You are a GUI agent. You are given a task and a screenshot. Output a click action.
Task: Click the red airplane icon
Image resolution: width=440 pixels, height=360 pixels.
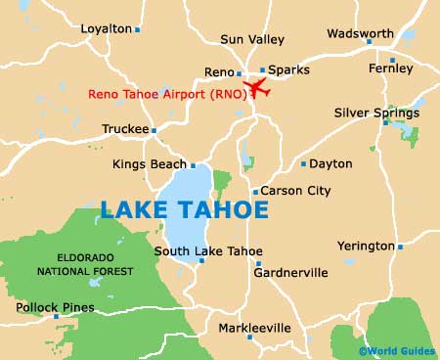(x=256, y=88)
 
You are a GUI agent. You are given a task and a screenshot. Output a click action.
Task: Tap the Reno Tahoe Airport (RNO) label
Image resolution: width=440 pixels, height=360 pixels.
(x=166, y=94)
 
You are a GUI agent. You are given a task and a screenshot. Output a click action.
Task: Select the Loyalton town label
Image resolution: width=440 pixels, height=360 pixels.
(x=105, y=29)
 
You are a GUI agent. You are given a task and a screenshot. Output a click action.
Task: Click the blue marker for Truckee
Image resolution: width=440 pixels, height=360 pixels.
(x=154, y=129)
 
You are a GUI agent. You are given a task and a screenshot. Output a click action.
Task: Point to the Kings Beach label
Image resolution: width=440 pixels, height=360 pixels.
(x=150, y=164)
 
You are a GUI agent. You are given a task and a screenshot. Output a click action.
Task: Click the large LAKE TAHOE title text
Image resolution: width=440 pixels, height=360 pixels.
(x=183, y=208)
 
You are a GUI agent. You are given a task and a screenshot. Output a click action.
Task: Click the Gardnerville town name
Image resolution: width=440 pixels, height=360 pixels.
(x=290, y=273)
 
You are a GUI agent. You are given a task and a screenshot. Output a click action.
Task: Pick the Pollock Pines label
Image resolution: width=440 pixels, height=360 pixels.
(x=55, y=307)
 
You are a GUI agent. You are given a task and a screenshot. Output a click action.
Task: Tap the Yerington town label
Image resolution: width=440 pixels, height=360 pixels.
(x=365, y=246)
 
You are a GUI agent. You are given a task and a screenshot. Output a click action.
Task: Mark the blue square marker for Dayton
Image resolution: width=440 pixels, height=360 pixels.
(x=304, y=164)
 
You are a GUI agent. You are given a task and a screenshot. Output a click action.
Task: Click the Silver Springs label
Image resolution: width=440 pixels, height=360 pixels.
(x=376, y=112)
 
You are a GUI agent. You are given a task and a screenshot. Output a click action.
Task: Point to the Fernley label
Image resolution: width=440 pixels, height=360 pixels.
(x=391, y=68)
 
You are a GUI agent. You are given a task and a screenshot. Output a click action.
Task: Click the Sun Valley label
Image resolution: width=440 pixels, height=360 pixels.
(x=252, y=39)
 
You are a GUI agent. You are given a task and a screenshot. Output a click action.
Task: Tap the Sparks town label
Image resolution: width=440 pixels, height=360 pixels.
(x=287, y=71)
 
